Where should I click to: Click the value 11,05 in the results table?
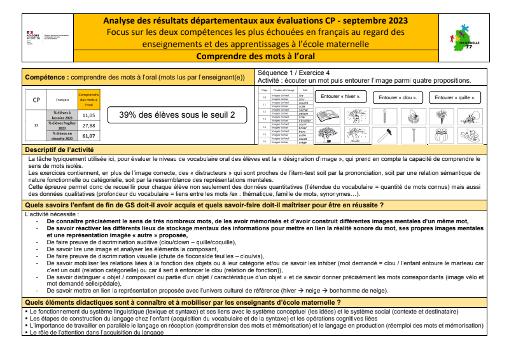pos(88,115)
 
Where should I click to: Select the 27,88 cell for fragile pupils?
pos(88,125)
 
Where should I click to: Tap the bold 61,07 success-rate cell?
pos(88,135)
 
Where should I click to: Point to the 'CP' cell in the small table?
pos(36,100)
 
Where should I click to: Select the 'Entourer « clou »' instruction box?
pos(398,97)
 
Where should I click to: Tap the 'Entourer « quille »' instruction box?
pos(454,97)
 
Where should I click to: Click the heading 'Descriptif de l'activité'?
pos(55,149)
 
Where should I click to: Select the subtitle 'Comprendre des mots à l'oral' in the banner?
pos(254,56)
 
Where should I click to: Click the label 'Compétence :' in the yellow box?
pos(46,77)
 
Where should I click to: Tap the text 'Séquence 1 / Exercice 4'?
pos(294,73)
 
